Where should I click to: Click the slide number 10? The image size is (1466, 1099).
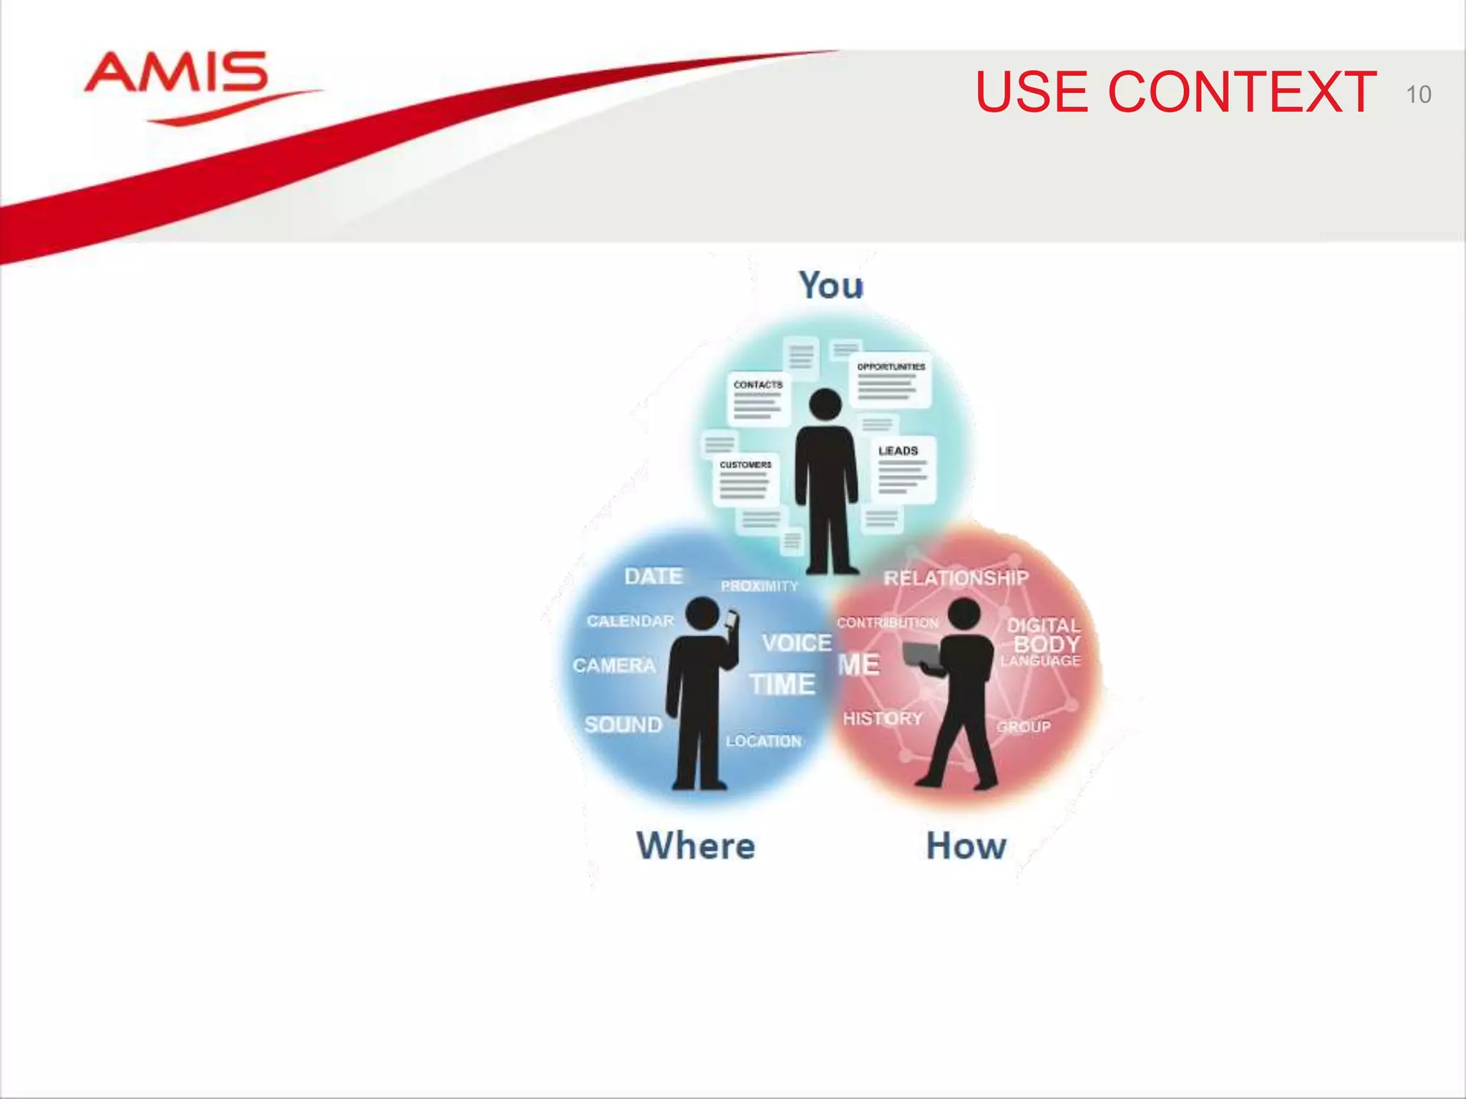[x=1417, y=94]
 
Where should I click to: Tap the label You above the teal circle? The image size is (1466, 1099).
[x=830, y=285]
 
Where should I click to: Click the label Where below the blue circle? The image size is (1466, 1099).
[x=695, y=846]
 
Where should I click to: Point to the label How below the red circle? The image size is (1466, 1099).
[x=966, y=846]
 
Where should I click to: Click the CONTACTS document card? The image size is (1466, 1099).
[x=758, y=399]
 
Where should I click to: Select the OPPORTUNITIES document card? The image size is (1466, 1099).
[x=890, y=380]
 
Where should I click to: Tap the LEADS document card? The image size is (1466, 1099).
[x=903, y=468]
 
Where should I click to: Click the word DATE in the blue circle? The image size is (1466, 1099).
[x=653, y=577]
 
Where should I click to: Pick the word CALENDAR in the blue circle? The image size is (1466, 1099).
[x=630, y=621]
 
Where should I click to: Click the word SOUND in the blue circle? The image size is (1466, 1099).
[x=623, y=725]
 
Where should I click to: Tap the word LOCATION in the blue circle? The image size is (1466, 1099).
[x=763, y=741]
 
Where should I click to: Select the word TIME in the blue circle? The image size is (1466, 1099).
[x=782, y=685]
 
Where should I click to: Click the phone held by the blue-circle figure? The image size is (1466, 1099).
[x=731, y=620]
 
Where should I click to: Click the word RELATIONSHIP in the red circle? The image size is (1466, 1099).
[x=956, y=578]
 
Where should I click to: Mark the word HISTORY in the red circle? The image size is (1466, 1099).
[x=883, y=718]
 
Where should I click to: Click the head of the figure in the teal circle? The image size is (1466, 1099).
[x=825, y=404]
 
